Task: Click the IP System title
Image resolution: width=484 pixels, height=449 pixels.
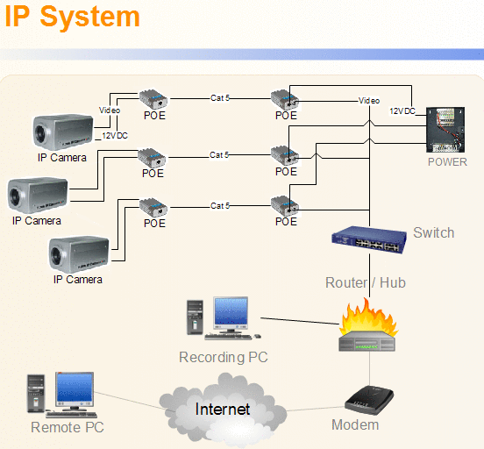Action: tap(72, 18)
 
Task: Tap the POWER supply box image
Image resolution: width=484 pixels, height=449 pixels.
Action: tap(445, 130)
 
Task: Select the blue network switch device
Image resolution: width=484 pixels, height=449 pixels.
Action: tap(369, 239)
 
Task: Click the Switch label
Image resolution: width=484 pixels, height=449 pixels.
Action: tap(434, 232)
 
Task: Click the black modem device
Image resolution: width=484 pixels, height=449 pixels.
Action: tap(369, 400)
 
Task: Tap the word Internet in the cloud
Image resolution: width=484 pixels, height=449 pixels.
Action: tap(223, 410)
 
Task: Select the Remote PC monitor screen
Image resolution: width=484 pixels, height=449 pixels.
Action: tap(75, 388)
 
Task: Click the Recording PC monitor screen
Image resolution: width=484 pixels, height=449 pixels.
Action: tap(231, 311)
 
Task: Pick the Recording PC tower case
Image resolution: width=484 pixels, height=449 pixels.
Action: tap(195, 317)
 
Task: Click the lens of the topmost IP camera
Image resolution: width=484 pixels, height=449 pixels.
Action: tap(40, 132)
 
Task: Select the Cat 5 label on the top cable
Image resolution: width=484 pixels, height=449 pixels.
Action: tap(220, 98)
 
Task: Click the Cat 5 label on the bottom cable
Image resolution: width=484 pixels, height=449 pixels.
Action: tap(220, 206)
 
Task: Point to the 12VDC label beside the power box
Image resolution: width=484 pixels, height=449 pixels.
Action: tap(402, 111)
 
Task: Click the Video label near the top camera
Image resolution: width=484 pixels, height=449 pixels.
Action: tap(110, 110)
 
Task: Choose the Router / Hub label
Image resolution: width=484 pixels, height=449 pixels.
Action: tap(366, 282)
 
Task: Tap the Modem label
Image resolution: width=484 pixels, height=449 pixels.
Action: tap(355, 425)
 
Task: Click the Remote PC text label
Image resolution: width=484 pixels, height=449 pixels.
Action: tap(68, 428)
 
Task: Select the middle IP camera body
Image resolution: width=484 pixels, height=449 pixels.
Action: tap(38, 196)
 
